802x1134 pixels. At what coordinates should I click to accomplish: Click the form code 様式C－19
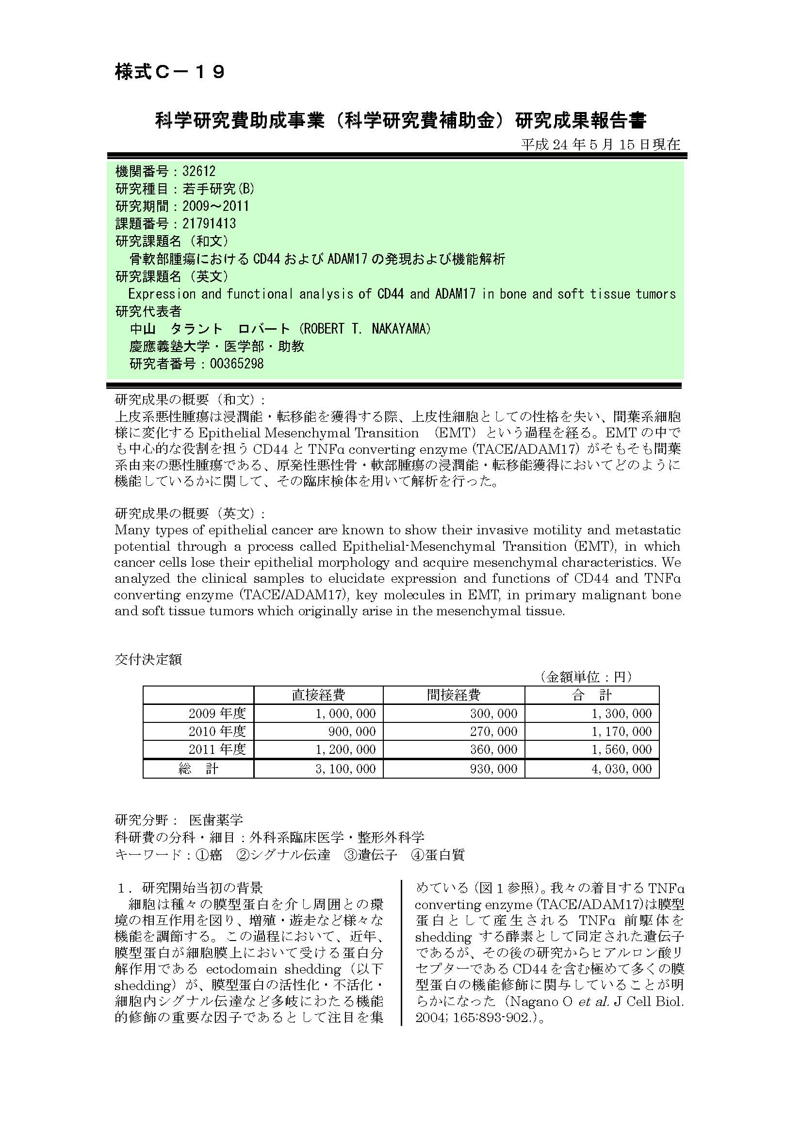tap(170, 72)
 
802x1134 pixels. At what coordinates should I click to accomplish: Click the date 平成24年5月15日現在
tap(600, 144)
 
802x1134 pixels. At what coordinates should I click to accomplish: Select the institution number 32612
tap(199, 171)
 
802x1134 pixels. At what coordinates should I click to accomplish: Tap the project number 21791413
tap(209, 224)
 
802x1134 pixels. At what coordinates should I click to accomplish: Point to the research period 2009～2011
tap(215, 206)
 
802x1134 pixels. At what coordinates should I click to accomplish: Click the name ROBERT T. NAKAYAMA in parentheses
tap(366, 329)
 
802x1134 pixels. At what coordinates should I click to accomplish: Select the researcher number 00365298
tap(237, 364)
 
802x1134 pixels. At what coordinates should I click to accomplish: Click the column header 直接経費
tap(318, 695)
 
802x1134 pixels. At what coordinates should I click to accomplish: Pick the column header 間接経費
tap(453, 695)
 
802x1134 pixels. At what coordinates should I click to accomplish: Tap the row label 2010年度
tap(217, 732)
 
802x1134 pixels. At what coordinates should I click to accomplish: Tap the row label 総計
tap(198, 768)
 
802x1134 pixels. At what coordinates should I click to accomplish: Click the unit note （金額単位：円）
tap(586, 677)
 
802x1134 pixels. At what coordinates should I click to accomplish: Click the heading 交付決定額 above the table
tap(148, 659)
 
